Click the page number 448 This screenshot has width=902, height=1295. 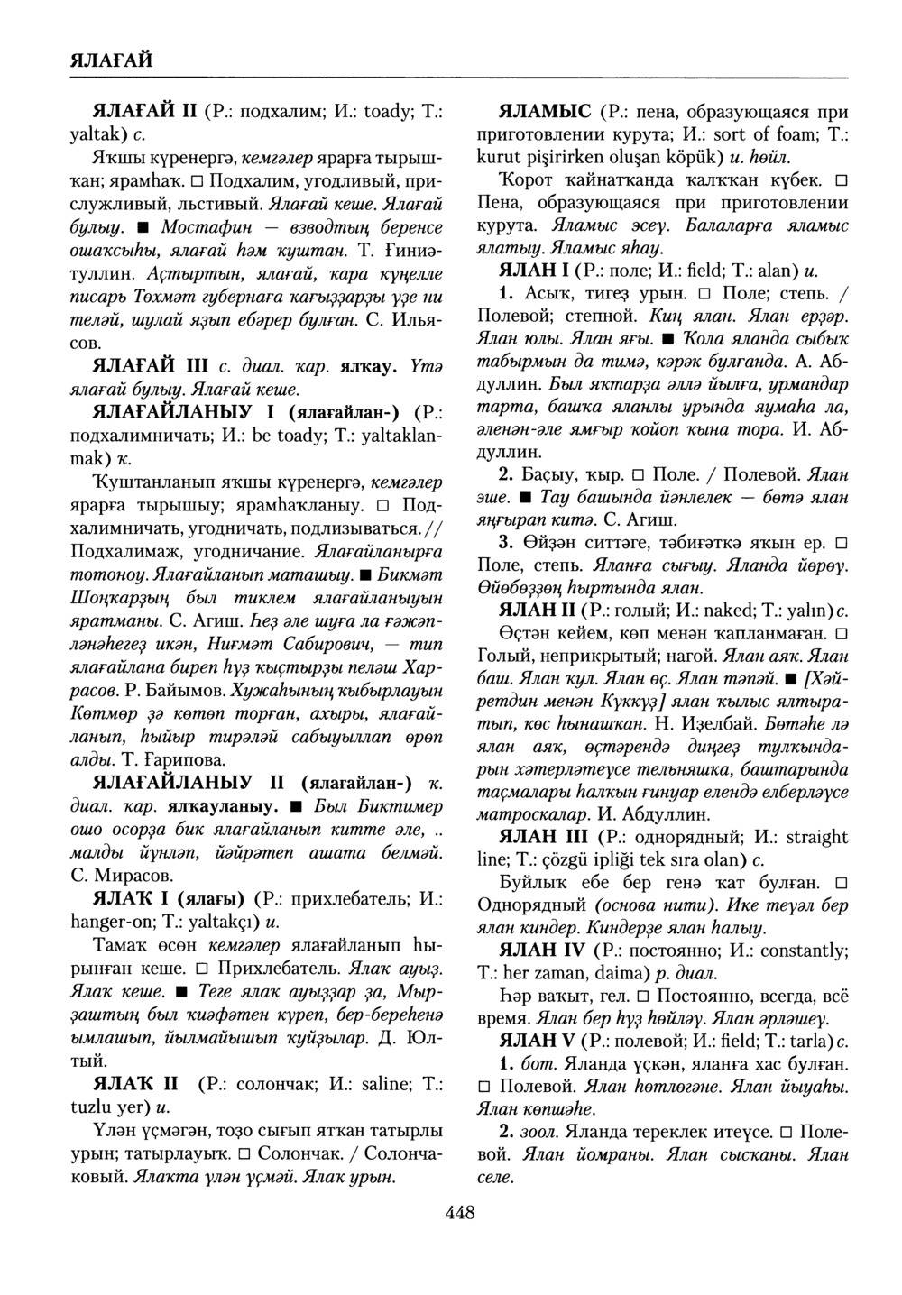coord(460,1213)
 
